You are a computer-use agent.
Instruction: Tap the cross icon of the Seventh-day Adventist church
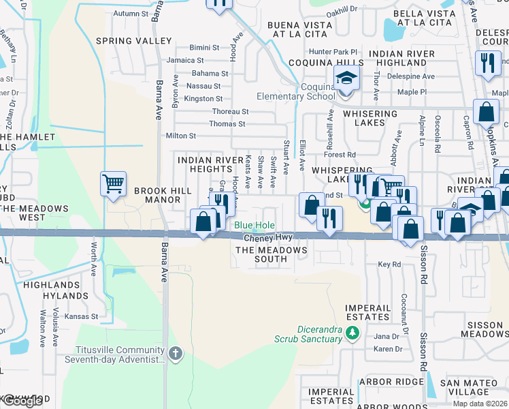coord(176,353)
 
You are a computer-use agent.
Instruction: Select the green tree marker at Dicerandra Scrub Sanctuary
coord(352,333)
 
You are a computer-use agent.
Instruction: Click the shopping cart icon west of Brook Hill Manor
coord(113,183)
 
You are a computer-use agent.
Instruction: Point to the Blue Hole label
coord(255,226)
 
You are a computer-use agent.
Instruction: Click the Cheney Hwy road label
coord(267,237)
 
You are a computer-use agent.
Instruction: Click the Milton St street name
coord(181,136)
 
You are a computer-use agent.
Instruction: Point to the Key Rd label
coord(389,264)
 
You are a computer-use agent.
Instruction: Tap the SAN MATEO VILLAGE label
coord(473,388)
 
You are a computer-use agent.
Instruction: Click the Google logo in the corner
coord(22,401)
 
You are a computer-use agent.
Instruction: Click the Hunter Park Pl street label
coord(333,52)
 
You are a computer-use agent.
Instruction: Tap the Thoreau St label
coord(231,111)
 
